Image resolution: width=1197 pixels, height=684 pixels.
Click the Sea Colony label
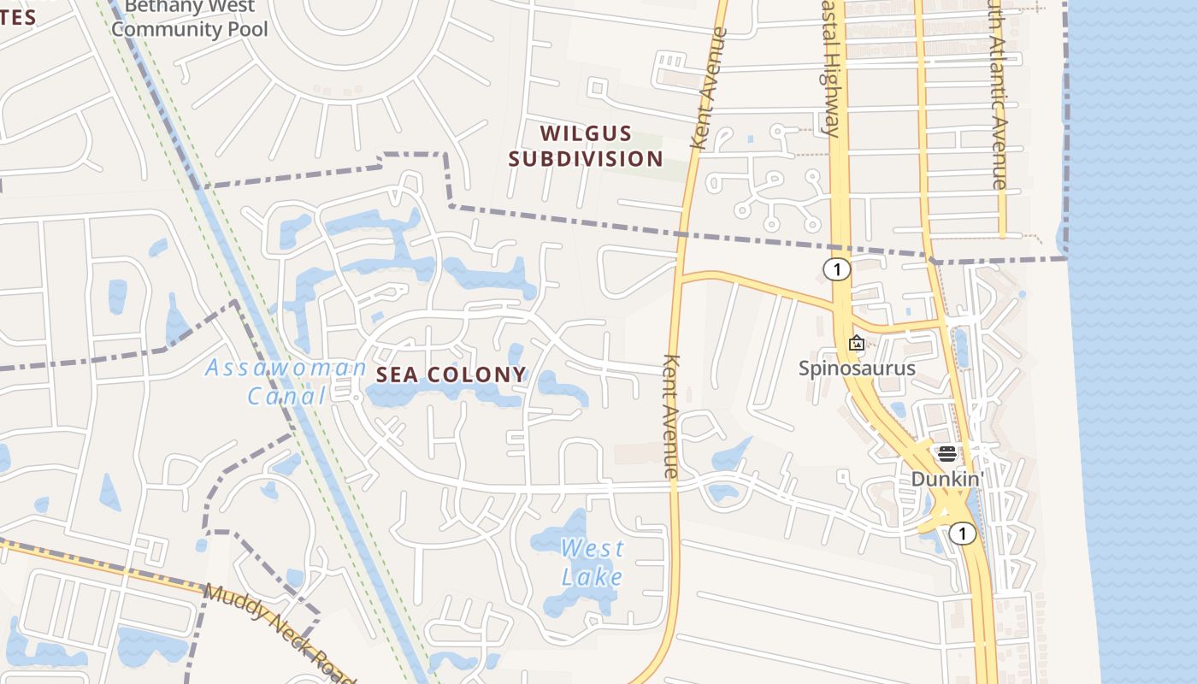click(x=451, y=374)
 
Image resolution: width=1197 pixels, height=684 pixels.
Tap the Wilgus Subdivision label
click(x=586, y=146)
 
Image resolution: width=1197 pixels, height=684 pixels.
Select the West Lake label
click(x=593, y=563)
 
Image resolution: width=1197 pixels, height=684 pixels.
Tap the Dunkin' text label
click(x=947, y=479)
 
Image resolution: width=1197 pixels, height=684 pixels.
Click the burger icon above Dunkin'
click(x=946, y=454)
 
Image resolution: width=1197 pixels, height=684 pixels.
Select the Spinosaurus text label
click(x=857, y=369)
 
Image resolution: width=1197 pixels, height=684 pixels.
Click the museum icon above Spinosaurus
click(x=857, y=344)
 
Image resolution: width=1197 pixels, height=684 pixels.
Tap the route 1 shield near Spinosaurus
click(x=837, y=269)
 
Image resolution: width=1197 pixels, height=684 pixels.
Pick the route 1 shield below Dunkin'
click(x=963, y=534)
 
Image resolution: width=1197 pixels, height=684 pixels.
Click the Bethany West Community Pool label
click(x=190, y=19)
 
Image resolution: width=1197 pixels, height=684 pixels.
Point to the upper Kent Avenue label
click(x=709, y=90)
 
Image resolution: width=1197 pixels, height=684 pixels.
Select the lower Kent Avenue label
click(x=671, y=416)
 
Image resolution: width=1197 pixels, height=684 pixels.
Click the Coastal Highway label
click(x=828, y=68)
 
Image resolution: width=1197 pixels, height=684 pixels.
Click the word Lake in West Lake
click(x=593, y=577)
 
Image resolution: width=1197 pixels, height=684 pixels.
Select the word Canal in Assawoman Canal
click(x=286, y=396)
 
